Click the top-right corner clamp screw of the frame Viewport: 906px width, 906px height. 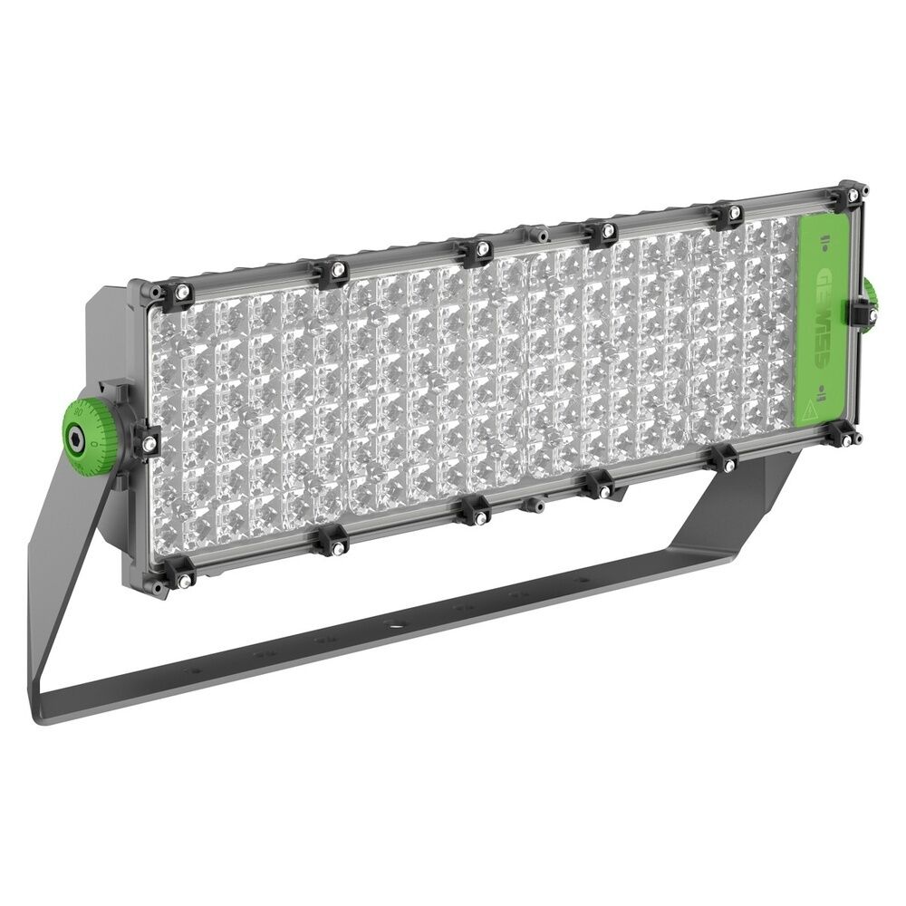(x=852, y=194)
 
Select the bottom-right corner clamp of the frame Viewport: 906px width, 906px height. (x=845, y=436)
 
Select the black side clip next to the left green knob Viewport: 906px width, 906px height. (x=145, y=441)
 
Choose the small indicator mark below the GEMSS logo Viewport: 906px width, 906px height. (x=821, y=391)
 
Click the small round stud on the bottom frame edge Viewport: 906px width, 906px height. (x=535, y=503)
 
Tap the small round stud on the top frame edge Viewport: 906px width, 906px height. (x=542, y=234)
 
